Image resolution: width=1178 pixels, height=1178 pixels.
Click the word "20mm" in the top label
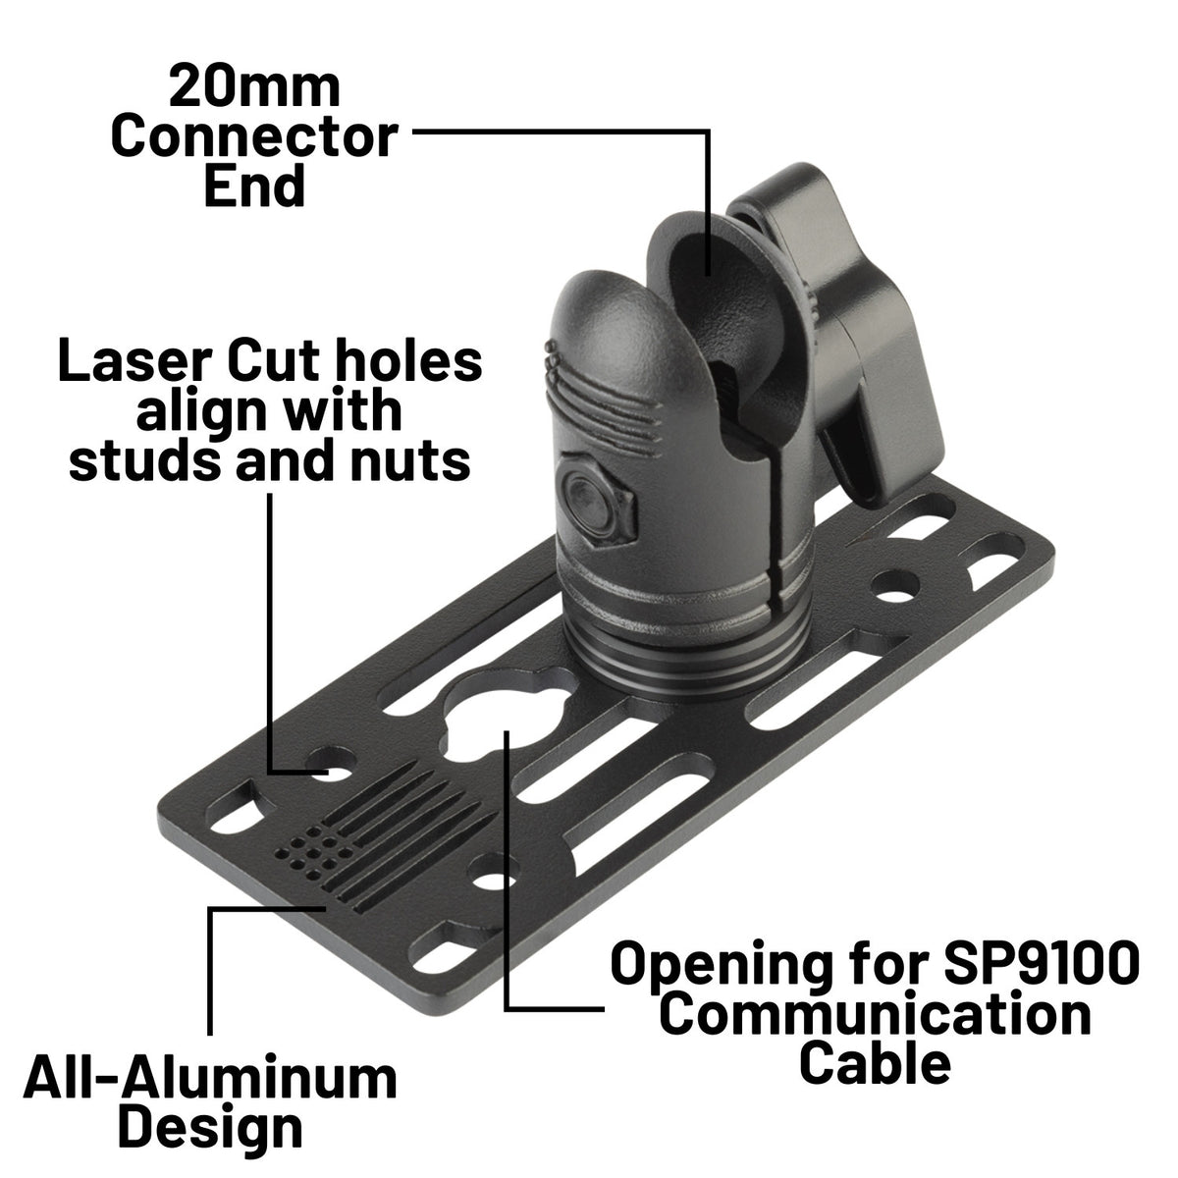click(254, 87)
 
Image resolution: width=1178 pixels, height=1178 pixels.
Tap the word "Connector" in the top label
click(254, 136)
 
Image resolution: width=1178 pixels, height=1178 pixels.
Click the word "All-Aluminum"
click(210, 1079)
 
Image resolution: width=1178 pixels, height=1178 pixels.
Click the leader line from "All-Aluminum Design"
click(211, 972)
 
